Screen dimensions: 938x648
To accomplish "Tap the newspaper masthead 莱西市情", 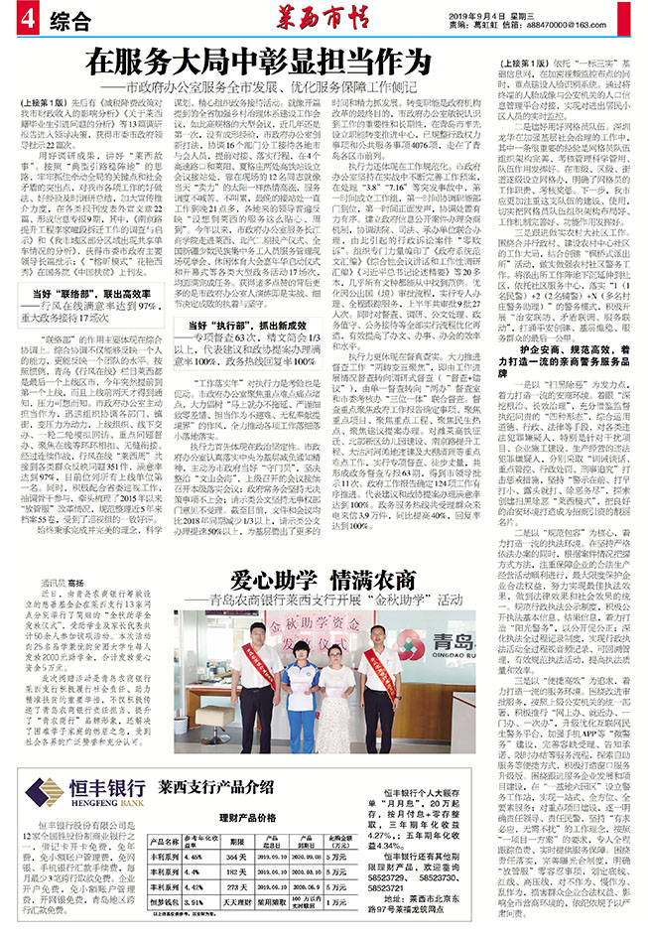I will tap(324, 19).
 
